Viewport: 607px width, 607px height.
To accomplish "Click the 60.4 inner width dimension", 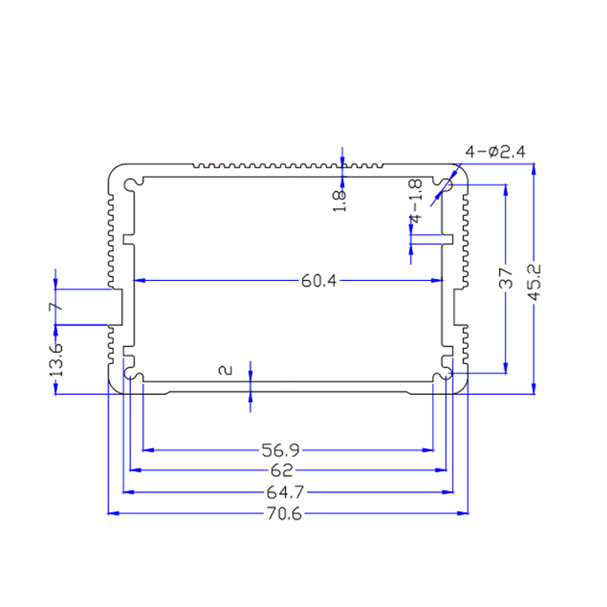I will (318, 281).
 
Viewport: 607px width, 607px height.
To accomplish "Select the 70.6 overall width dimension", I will (283, 514).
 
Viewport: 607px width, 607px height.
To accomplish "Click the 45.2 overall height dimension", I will (533, 282).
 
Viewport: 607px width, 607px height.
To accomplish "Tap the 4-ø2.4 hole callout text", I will (495, 151).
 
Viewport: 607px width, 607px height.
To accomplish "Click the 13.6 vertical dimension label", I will (56, 359).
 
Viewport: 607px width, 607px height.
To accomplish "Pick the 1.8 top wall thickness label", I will (341, 200).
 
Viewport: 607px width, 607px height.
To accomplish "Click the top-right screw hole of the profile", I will (444, 184).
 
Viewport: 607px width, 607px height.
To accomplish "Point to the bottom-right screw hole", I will (444, 376).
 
